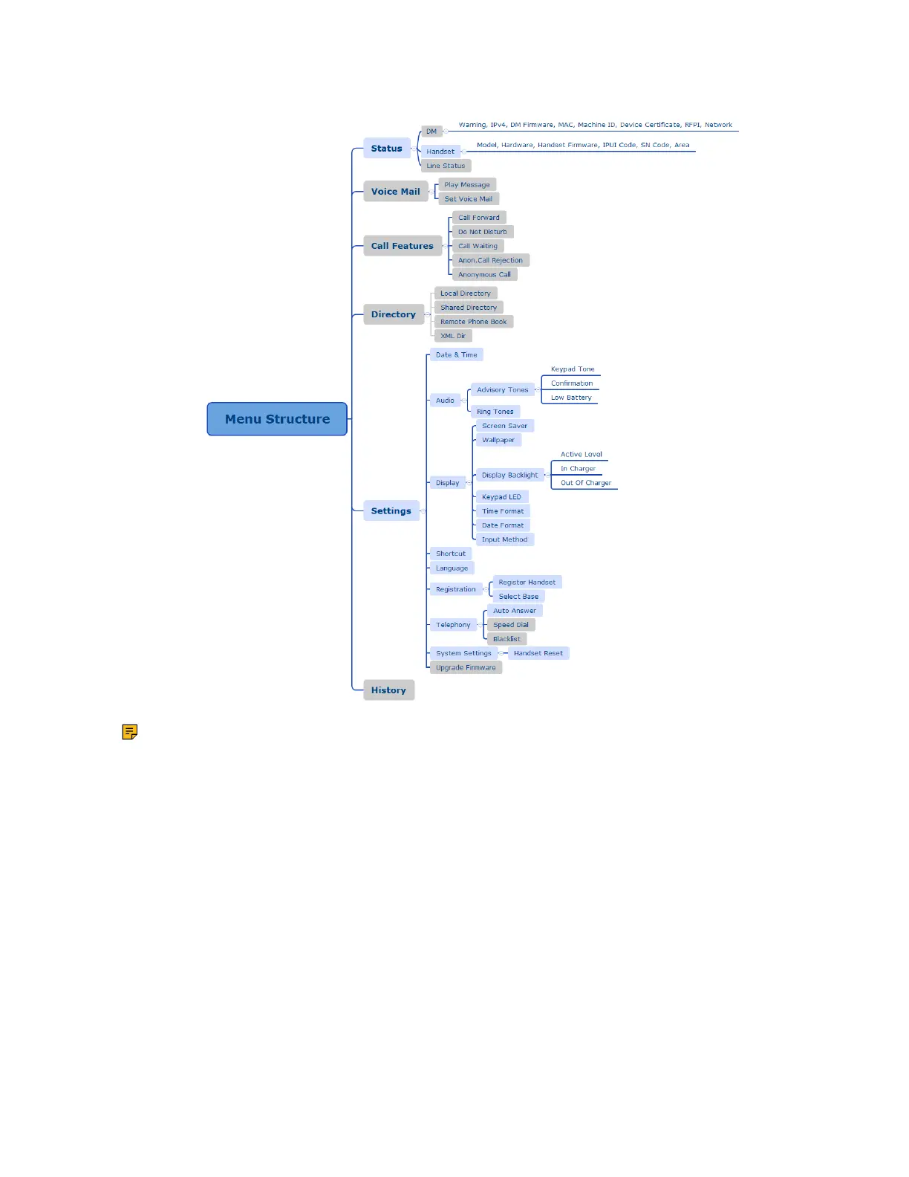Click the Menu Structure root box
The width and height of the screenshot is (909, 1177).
277,419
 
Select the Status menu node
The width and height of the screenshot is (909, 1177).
386,149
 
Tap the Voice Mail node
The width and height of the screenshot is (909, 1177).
395,192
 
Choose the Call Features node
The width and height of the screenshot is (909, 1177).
402,246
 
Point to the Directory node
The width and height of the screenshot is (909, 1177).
393,314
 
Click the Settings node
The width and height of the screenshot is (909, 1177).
391,511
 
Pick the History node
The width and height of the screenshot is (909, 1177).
388,690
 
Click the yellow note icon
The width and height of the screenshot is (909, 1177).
130,732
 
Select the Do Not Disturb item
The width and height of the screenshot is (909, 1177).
483,232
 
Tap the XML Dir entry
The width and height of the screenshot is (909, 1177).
453,336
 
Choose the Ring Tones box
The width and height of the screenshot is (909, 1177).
495,412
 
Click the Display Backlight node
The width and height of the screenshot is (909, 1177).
509,475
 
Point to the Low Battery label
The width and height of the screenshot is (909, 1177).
571,398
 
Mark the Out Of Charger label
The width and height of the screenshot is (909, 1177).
586,483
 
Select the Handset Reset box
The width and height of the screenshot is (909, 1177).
538,653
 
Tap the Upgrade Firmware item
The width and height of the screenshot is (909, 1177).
466,667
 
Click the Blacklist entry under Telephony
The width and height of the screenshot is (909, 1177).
506,639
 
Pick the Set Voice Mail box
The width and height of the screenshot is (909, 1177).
468,199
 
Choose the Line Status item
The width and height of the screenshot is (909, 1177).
446,166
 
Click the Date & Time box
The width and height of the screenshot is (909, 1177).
456,355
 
